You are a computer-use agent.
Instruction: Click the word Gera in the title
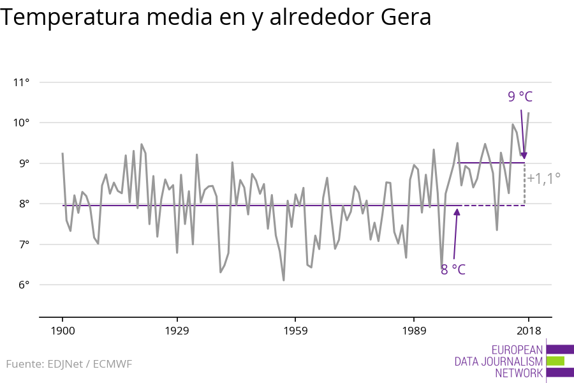406,18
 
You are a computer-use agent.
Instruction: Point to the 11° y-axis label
21,82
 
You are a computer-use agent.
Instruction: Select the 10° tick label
21,123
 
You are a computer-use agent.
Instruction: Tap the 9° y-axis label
22,163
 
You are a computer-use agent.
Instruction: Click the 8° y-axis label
22,204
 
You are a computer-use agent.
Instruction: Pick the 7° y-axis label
22,244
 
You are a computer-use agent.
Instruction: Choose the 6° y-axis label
22,285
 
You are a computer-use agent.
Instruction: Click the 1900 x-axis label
63,331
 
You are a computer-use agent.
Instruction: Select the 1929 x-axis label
177,331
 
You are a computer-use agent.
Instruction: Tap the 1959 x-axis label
295,331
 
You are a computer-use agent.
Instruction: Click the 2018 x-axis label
528,331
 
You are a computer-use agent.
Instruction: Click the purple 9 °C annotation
520,96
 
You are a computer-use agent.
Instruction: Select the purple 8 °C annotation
453,269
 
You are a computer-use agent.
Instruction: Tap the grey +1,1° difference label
543,177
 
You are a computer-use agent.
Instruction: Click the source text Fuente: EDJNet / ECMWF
69,364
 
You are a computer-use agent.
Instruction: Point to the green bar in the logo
555,361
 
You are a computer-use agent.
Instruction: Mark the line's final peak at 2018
529,113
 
